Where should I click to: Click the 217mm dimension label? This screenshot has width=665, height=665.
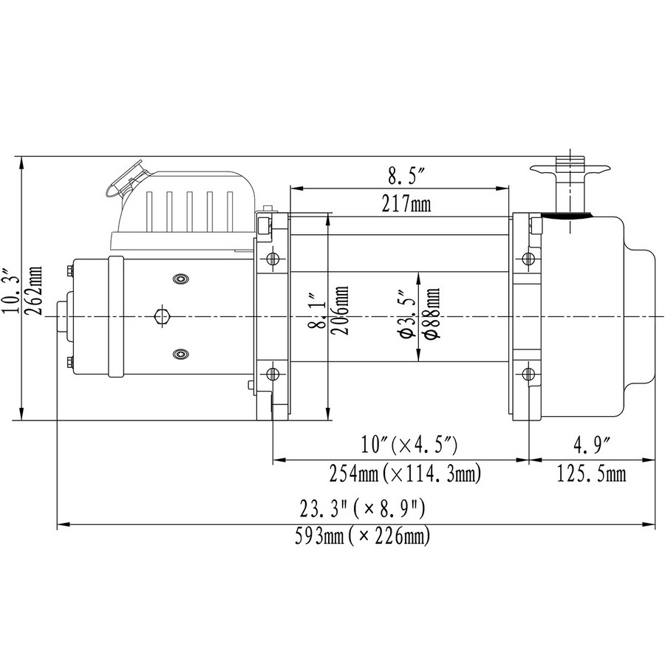(406, 204)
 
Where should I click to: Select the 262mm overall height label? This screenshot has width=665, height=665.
(33, 290)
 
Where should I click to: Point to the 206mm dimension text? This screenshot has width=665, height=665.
(340, 310)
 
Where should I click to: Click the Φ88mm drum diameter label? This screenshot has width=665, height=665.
(432, 313)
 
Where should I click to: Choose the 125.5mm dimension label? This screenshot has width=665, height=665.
(591, 474)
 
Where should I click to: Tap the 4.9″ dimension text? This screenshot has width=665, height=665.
(592, 446)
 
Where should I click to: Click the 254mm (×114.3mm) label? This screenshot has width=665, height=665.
(406, 474)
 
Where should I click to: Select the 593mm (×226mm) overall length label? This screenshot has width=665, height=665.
(363, 536)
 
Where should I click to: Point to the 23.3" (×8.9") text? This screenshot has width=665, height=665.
(362, 509)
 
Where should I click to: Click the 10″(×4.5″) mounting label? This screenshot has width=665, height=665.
(409, 446)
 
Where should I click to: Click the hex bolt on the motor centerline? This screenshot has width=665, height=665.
(163, 316)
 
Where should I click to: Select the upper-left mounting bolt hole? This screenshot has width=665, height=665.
(273, 258)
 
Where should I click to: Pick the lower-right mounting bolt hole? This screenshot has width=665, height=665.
(528, 374)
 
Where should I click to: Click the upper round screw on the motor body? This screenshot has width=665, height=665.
(181, 279)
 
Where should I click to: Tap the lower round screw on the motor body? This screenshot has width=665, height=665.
(181, 354)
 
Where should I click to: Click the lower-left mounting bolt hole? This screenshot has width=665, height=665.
(273, 374)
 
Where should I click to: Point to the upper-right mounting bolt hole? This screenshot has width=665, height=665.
(528, 258)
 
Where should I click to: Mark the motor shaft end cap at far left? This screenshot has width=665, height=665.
(62, 316)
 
